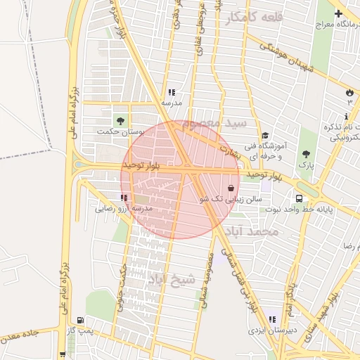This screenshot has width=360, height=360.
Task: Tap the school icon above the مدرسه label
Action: (172, 92)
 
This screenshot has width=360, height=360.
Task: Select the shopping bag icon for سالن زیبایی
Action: (231, 188)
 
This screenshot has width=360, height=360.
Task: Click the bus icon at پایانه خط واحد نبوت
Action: (300, 199)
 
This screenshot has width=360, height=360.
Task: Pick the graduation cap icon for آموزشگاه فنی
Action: (265, 136)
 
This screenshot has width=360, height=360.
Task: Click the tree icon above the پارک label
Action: (306, 154)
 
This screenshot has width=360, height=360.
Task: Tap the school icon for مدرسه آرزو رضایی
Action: (124, 198)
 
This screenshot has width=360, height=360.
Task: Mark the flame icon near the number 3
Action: (349, 92)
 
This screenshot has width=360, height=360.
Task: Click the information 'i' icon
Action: (347, 116)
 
